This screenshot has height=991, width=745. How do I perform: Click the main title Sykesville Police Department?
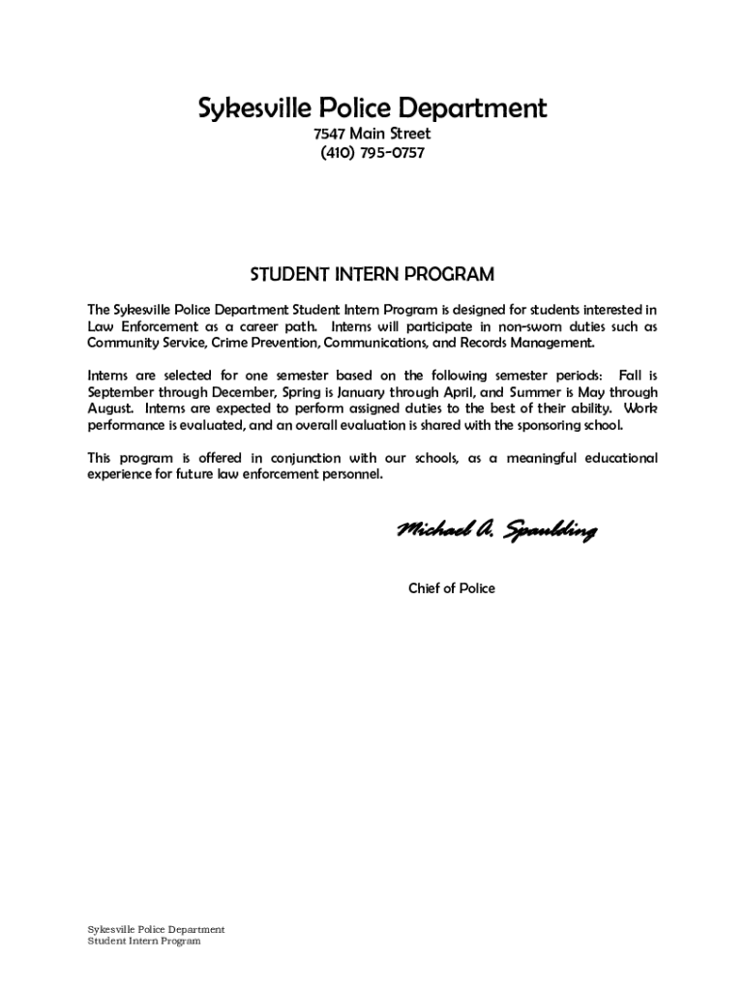372,108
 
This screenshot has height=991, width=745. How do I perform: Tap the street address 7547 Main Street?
372,135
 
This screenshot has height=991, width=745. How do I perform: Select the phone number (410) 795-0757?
372,153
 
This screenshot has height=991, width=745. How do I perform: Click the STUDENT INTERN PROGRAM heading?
372,275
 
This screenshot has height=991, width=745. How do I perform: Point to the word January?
363,393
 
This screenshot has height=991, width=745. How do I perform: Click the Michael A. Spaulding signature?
495,531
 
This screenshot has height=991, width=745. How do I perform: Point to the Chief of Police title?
451,588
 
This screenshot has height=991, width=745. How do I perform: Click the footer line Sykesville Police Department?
156,930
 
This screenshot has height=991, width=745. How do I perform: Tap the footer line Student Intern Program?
144,942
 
